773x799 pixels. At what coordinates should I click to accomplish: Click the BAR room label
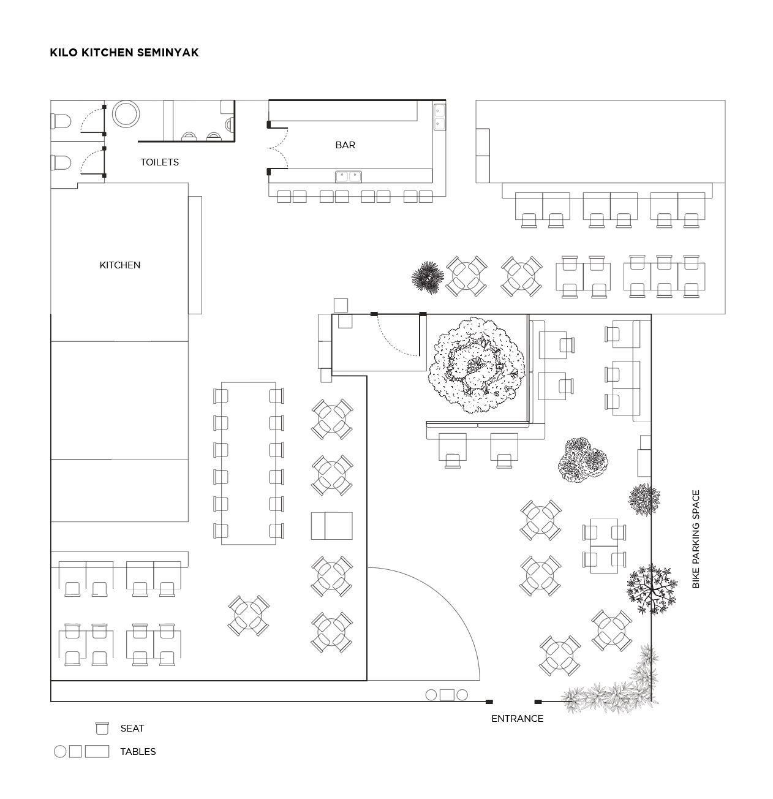tap(345, 145)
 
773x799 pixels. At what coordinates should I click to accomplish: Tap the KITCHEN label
tap(120, 265)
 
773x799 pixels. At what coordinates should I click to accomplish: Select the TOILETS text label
tap(160, 162)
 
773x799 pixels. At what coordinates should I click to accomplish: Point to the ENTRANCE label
tap(517, 719)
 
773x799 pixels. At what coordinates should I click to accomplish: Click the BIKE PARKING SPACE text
tap(696, 539)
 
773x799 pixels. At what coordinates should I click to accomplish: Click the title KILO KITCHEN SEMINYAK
tap(124, 53)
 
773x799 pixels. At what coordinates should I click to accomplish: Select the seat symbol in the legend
tap(102, 728)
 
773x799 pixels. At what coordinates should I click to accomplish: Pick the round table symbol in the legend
tap(60, 751)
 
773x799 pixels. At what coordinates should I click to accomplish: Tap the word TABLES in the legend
tap(138, 752)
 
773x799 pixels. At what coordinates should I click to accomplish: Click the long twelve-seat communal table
tap(249, 463)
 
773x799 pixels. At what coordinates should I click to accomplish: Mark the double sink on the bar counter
tap(349, 176)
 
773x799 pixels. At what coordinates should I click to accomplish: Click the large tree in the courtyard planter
tap(476, 366)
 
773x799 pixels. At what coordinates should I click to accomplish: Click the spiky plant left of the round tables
tap(428, 276)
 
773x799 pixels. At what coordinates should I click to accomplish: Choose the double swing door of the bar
tap(277, 148)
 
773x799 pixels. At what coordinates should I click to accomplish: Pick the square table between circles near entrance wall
tap(447, 695)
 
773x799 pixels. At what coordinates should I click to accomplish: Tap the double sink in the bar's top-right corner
tap(440, 117)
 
